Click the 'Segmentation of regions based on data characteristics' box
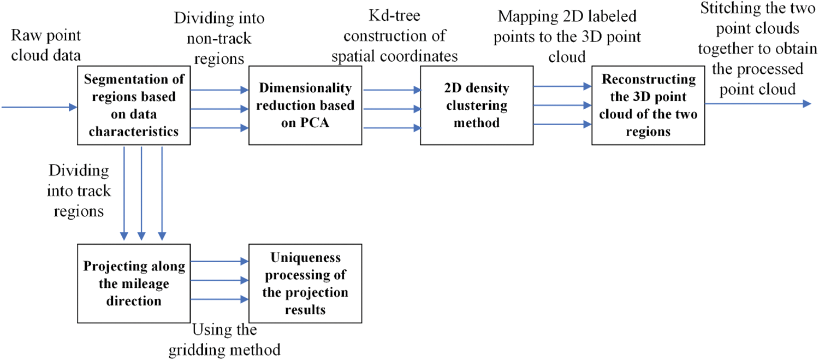coord(134,105)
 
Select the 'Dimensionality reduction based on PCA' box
coord(305,105)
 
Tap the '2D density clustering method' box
coord(477,105)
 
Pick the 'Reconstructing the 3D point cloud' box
coord(648,105)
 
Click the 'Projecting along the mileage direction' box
coord(134,284)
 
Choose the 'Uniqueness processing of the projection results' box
coord(305,284)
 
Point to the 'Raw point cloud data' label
coord(46,45)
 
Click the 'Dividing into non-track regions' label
coord(219,38)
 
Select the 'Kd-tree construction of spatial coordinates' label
coord(395,36)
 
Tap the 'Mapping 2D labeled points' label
coord(567,37)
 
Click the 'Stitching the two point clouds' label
coord(758,49)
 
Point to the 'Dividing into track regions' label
coord(79,191)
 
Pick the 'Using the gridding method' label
coord(224,340)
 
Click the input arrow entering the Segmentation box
coord(39,107)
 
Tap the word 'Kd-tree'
coord(395,15)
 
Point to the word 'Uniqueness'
coord(306,258)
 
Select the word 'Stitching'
coord(728,9)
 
